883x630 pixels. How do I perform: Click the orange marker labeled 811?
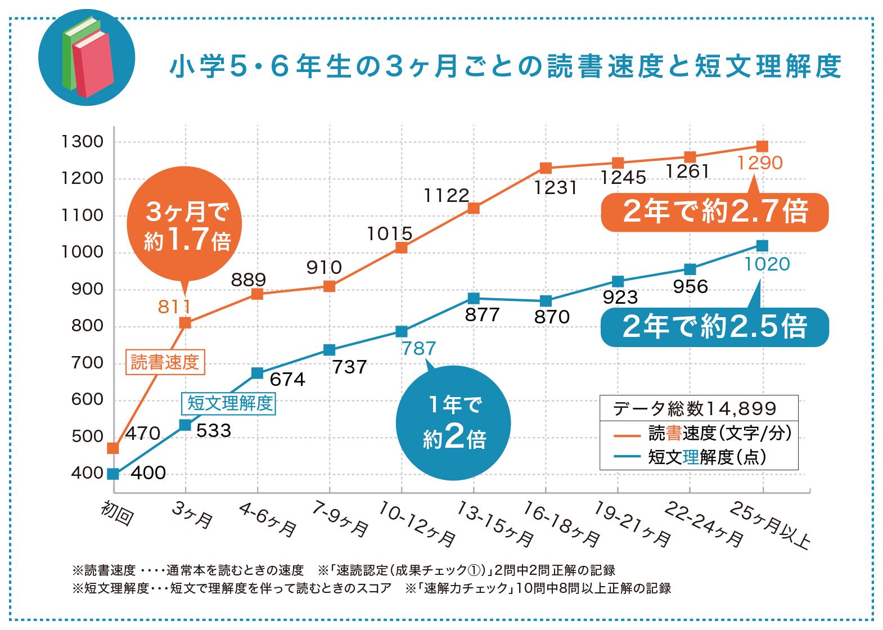pos(185,323)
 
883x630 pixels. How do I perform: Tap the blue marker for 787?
pos(401,331)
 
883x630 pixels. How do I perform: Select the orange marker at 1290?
pos(762,146)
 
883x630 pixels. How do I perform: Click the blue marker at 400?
pos(113,474)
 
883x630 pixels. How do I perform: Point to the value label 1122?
pos(446,196)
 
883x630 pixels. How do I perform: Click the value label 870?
pos(552,317)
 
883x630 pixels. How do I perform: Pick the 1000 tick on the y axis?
pos(83,252)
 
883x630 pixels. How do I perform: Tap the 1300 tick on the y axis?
pos(83,142)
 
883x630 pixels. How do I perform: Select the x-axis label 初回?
pos(117,513)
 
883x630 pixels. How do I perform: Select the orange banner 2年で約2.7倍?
pos(714,212)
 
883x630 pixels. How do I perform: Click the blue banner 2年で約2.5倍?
pos(714,327)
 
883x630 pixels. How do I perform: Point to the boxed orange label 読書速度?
pos(165,362)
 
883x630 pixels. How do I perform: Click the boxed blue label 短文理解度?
pos(229,403)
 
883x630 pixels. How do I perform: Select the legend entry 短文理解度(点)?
pos(706,457)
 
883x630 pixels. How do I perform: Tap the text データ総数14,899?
pos(695,408)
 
